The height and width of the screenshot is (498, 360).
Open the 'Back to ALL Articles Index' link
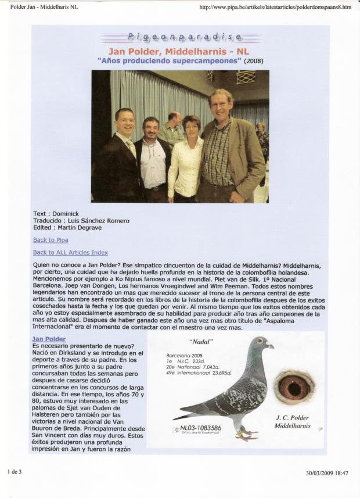[x=70, y=252]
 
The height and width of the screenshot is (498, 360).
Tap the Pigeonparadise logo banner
[x=179, y=39]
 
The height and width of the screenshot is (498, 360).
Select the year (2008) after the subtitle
[x=253, y=60]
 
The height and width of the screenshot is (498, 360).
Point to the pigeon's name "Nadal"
[x=199, y=343]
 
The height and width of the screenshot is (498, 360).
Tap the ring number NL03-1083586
[x=201, y=428]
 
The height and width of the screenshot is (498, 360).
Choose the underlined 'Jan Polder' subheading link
[x=49, y=339]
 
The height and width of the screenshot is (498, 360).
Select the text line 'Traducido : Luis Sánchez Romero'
[x=81, y=221]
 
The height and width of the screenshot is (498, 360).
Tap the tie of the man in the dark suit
[x=132, y=148]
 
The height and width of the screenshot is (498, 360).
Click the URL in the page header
[x=275, y=7]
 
